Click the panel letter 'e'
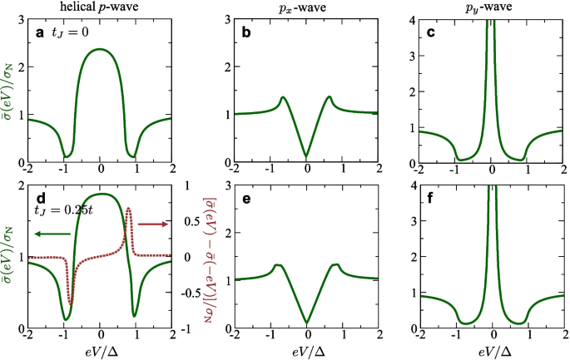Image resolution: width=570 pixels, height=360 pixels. tap(245, 197)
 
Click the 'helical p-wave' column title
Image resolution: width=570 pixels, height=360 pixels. tap(99, 7)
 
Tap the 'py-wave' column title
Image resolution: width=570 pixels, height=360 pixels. tap(492, 7)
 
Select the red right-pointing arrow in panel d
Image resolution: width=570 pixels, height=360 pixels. tap(151, 224)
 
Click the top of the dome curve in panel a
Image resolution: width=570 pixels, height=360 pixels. tap(101, 49)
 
